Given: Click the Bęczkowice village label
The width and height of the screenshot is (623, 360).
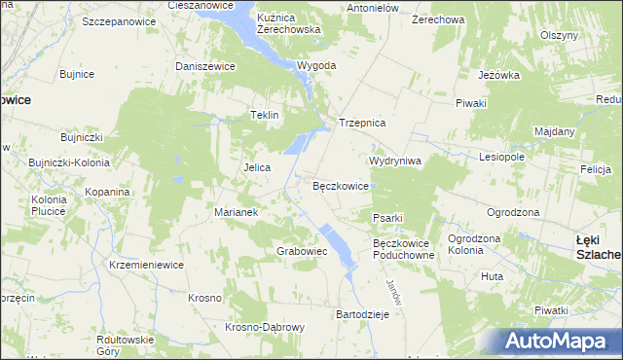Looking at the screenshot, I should [340, 185].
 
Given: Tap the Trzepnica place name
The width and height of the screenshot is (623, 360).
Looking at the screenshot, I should [363, 124].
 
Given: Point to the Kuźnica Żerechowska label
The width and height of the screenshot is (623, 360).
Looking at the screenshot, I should [288, 24].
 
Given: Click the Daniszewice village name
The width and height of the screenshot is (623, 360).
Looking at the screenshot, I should [205, 66].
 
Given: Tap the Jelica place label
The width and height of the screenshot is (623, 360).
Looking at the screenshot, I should [256, 167].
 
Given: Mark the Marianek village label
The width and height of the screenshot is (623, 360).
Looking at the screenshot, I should [235, 212].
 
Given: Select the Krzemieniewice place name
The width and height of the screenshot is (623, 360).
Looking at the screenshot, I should [146, 265].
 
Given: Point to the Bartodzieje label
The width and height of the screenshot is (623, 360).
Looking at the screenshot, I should [362, 315].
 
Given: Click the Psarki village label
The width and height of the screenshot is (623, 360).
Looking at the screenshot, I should [387, 217].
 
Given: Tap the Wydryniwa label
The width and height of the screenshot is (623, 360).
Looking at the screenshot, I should [394, 161].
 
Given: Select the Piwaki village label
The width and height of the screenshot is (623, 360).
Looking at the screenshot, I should [470, 102].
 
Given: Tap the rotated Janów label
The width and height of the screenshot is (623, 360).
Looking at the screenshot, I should [392, 289].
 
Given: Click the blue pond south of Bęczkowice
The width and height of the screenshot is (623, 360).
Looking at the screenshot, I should [337, 244].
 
